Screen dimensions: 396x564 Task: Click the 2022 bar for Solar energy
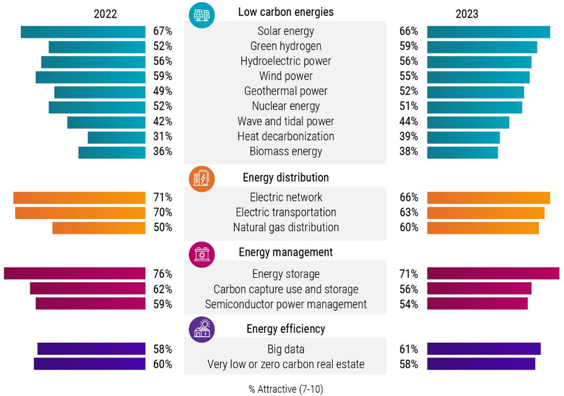pyautogui.click(x=83, y=32)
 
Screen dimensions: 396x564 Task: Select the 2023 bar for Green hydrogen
pyautogui.click(x=482, y=47)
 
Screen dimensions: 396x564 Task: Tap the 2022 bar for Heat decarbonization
pyautogui.click(x=116, y=137)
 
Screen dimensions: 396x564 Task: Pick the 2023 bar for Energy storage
pyautogui.click(x=493, y=273)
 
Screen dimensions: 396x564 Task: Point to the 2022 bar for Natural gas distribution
pyautogui.click(x=98, y=228)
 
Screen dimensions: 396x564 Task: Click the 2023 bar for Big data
pyautogui.click(x=483, y=349)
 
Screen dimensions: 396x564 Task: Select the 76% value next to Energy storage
pyautogui.click(x=162, y=274)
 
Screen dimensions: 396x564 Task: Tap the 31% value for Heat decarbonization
pyautogui.click(x=162, y=137)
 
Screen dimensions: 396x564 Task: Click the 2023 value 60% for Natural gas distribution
pyautogui.click(x=408, y=228)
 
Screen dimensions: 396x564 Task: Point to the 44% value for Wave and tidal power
pyautogui.click(x=408, y=122)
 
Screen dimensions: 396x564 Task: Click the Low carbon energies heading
pyautogui.click(x=285, y=12)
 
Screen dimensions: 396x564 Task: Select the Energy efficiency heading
pyautogui.click(x=285, y=329)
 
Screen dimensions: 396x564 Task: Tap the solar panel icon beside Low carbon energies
pyautogui.click(x=201, y=13)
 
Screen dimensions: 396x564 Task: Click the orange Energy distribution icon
pyautogui.click(x=201, y=179)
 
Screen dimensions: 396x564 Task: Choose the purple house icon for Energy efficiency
pyautogui.click(x=201, y=329)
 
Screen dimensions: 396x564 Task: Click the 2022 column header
pyautogui.click(x=105, y=14)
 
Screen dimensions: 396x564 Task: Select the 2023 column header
pyautogui.click(x=467, y=14)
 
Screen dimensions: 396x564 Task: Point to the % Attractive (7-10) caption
pyautogui.click(x=285, y=389)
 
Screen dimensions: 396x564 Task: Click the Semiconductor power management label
pyautogui.click(x=285, y=304)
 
